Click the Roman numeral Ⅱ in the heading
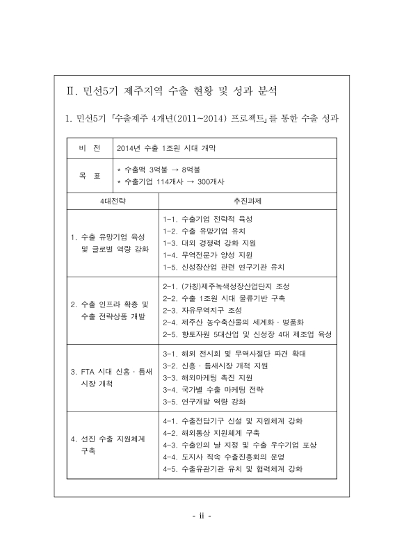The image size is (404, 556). (x=70, y=91)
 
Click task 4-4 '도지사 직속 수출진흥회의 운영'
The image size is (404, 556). (x=225, y=457)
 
